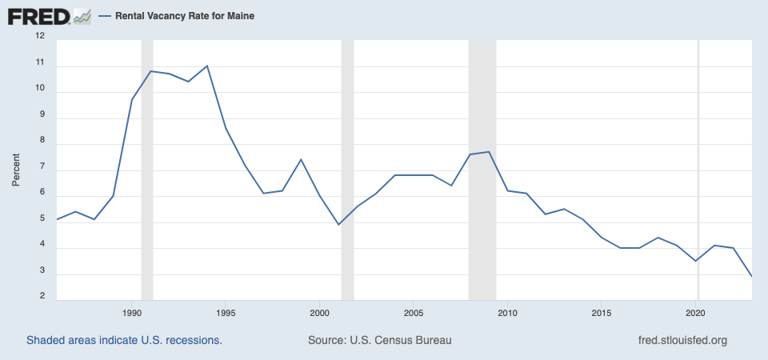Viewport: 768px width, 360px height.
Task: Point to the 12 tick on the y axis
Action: (40, 37)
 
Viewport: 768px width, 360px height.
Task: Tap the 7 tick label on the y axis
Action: (41, 170)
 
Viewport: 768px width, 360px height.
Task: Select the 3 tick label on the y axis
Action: (41, 274)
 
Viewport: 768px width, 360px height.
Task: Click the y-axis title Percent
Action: (16, 170)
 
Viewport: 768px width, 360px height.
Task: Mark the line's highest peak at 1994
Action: (207, 66)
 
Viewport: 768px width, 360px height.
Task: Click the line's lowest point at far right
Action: (751, 276)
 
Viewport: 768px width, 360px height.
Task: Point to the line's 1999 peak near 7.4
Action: (301, 159)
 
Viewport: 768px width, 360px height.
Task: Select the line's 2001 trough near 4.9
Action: (338, 225)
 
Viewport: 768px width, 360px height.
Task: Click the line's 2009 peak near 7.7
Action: (489, 151)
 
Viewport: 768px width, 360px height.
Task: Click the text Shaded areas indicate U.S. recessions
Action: (124, 340)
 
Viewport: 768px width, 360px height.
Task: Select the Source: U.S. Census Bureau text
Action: (380, 340)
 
